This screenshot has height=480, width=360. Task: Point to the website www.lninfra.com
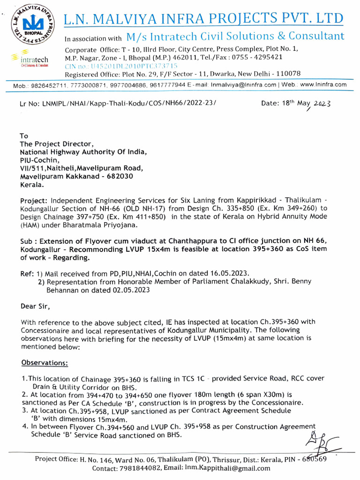323,85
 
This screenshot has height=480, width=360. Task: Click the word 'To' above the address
24,136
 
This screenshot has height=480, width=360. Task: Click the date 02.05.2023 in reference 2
127,290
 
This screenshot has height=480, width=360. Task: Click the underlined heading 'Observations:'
45,363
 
